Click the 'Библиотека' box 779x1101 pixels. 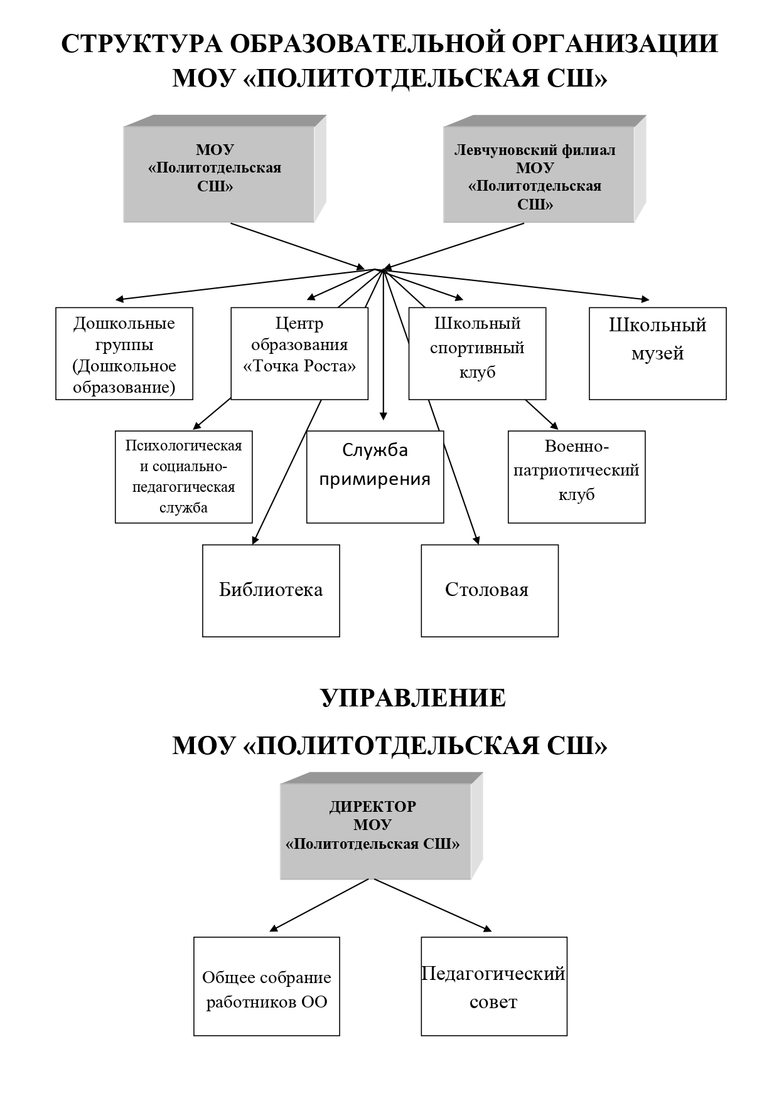[271, 590]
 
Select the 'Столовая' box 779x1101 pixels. [490, 590]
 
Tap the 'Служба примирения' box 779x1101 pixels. [375, 477]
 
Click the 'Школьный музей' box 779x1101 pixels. [657, 353]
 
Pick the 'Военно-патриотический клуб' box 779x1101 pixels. [576, 477]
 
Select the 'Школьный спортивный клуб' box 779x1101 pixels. [477, 353]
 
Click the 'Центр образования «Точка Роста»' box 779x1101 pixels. [299, 353]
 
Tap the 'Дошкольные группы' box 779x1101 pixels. [124, 353]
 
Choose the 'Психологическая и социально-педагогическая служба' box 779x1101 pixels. [183, 477]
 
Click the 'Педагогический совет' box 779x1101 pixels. [494, 986]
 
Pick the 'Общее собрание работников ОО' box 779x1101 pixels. [267, 986]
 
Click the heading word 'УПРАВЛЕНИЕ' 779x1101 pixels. [414, 698]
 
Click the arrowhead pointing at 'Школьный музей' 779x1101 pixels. [645, 299]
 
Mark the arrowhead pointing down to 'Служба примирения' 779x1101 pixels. [384, 415]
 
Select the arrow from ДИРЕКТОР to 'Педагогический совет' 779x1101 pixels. [432, 905]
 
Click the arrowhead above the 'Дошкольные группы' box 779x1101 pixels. [120, 299]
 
